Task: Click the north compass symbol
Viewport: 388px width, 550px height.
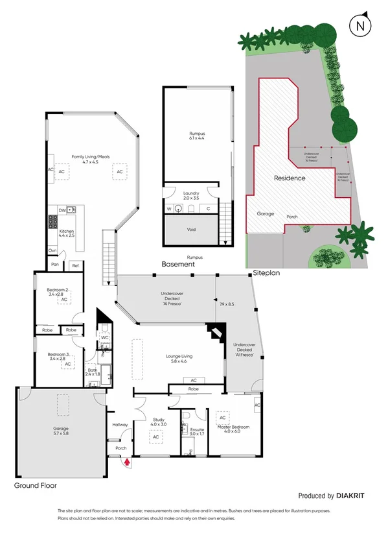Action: click(x=359, y=26)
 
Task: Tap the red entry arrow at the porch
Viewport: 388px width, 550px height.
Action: click(x=127, y=462)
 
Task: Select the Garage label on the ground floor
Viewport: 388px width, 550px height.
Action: click(x=61, y=429)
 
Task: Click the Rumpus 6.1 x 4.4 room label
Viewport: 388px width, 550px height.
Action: click(x=196, y=136)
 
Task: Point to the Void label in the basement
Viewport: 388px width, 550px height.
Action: click(x=192, y=230)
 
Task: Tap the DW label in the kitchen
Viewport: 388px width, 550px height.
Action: click(x=62, y=210)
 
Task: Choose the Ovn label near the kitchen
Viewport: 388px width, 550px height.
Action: click(x=52, y=251)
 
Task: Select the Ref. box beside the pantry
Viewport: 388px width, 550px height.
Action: click(x=75, y=265)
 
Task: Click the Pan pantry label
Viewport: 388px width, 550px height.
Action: click(x=56, y=265)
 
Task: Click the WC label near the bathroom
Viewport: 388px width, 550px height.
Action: click(x=104, y=338)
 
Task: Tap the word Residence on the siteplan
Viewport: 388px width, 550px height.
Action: click(x=289, y=178)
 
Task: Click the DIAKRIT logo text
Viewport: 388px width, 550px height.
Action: click(x=350, y=496)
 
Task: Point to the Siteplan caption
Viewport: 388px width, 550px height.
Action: click(x=266, y=273)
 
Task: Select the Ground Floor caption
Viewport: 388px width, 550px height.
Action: click(x=36, y=484)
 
